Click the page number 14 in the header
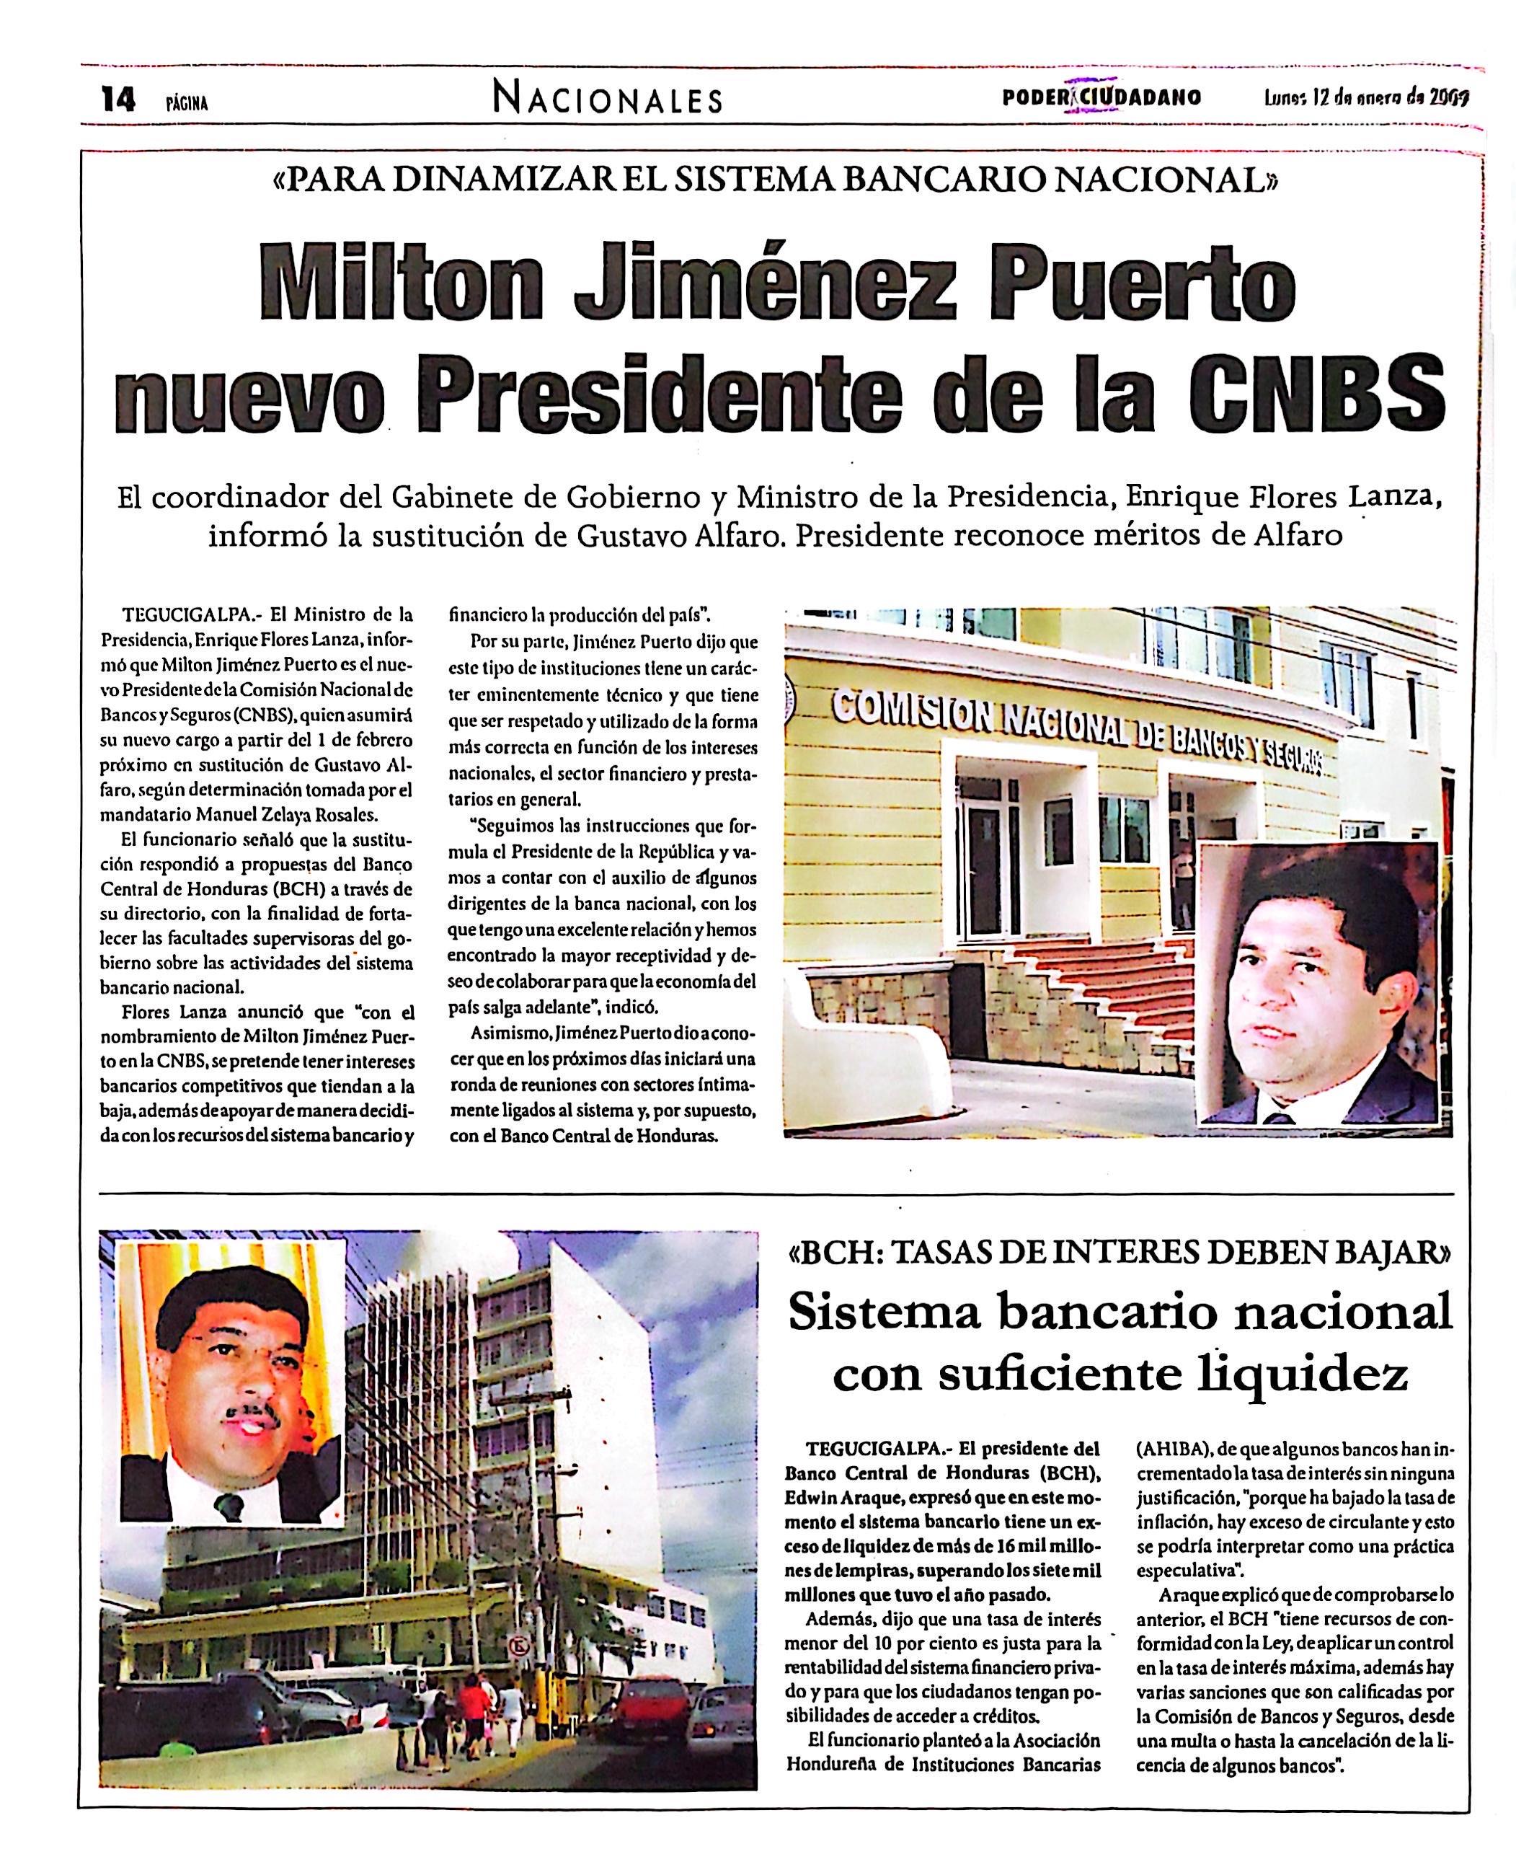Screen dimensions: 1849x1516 tap(118, 100)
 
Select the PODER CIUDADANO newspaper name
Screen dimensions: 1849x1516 tap(1102, 98)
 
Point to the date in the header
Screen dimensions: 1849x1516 tap(1367, 98)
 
